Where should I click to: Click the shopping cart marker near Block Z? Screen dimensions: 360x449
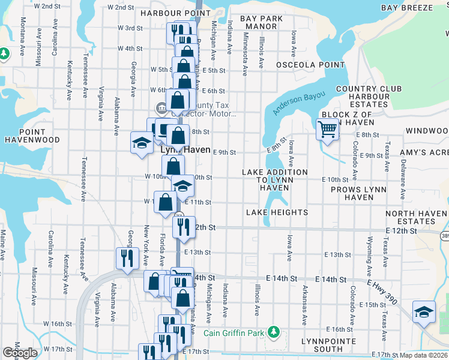tap(327, 129)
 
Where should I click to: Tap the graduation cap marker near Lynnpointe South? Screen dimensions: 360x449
tap(424, 312)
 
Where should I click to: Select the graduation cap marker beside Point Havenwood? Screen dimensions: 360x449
tap(142, 143)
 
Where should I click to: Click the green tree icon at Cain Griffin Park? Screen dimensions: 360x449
tap(274, 331)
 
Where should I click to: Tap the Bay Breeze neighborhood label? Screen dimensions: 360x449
tap(406, 7)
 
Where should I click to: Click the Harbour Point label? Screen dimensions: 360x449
tap(168, 13)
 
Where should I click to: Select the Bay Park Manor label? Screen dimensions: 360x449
tap(262, 22)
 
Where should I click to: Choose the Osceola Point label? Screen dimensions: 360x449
tap(302, 64)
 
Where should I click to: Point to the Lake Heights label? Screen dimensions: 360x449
tap(277, 212)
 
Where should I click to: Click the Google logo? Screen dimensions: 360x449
tap(20, 353)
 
